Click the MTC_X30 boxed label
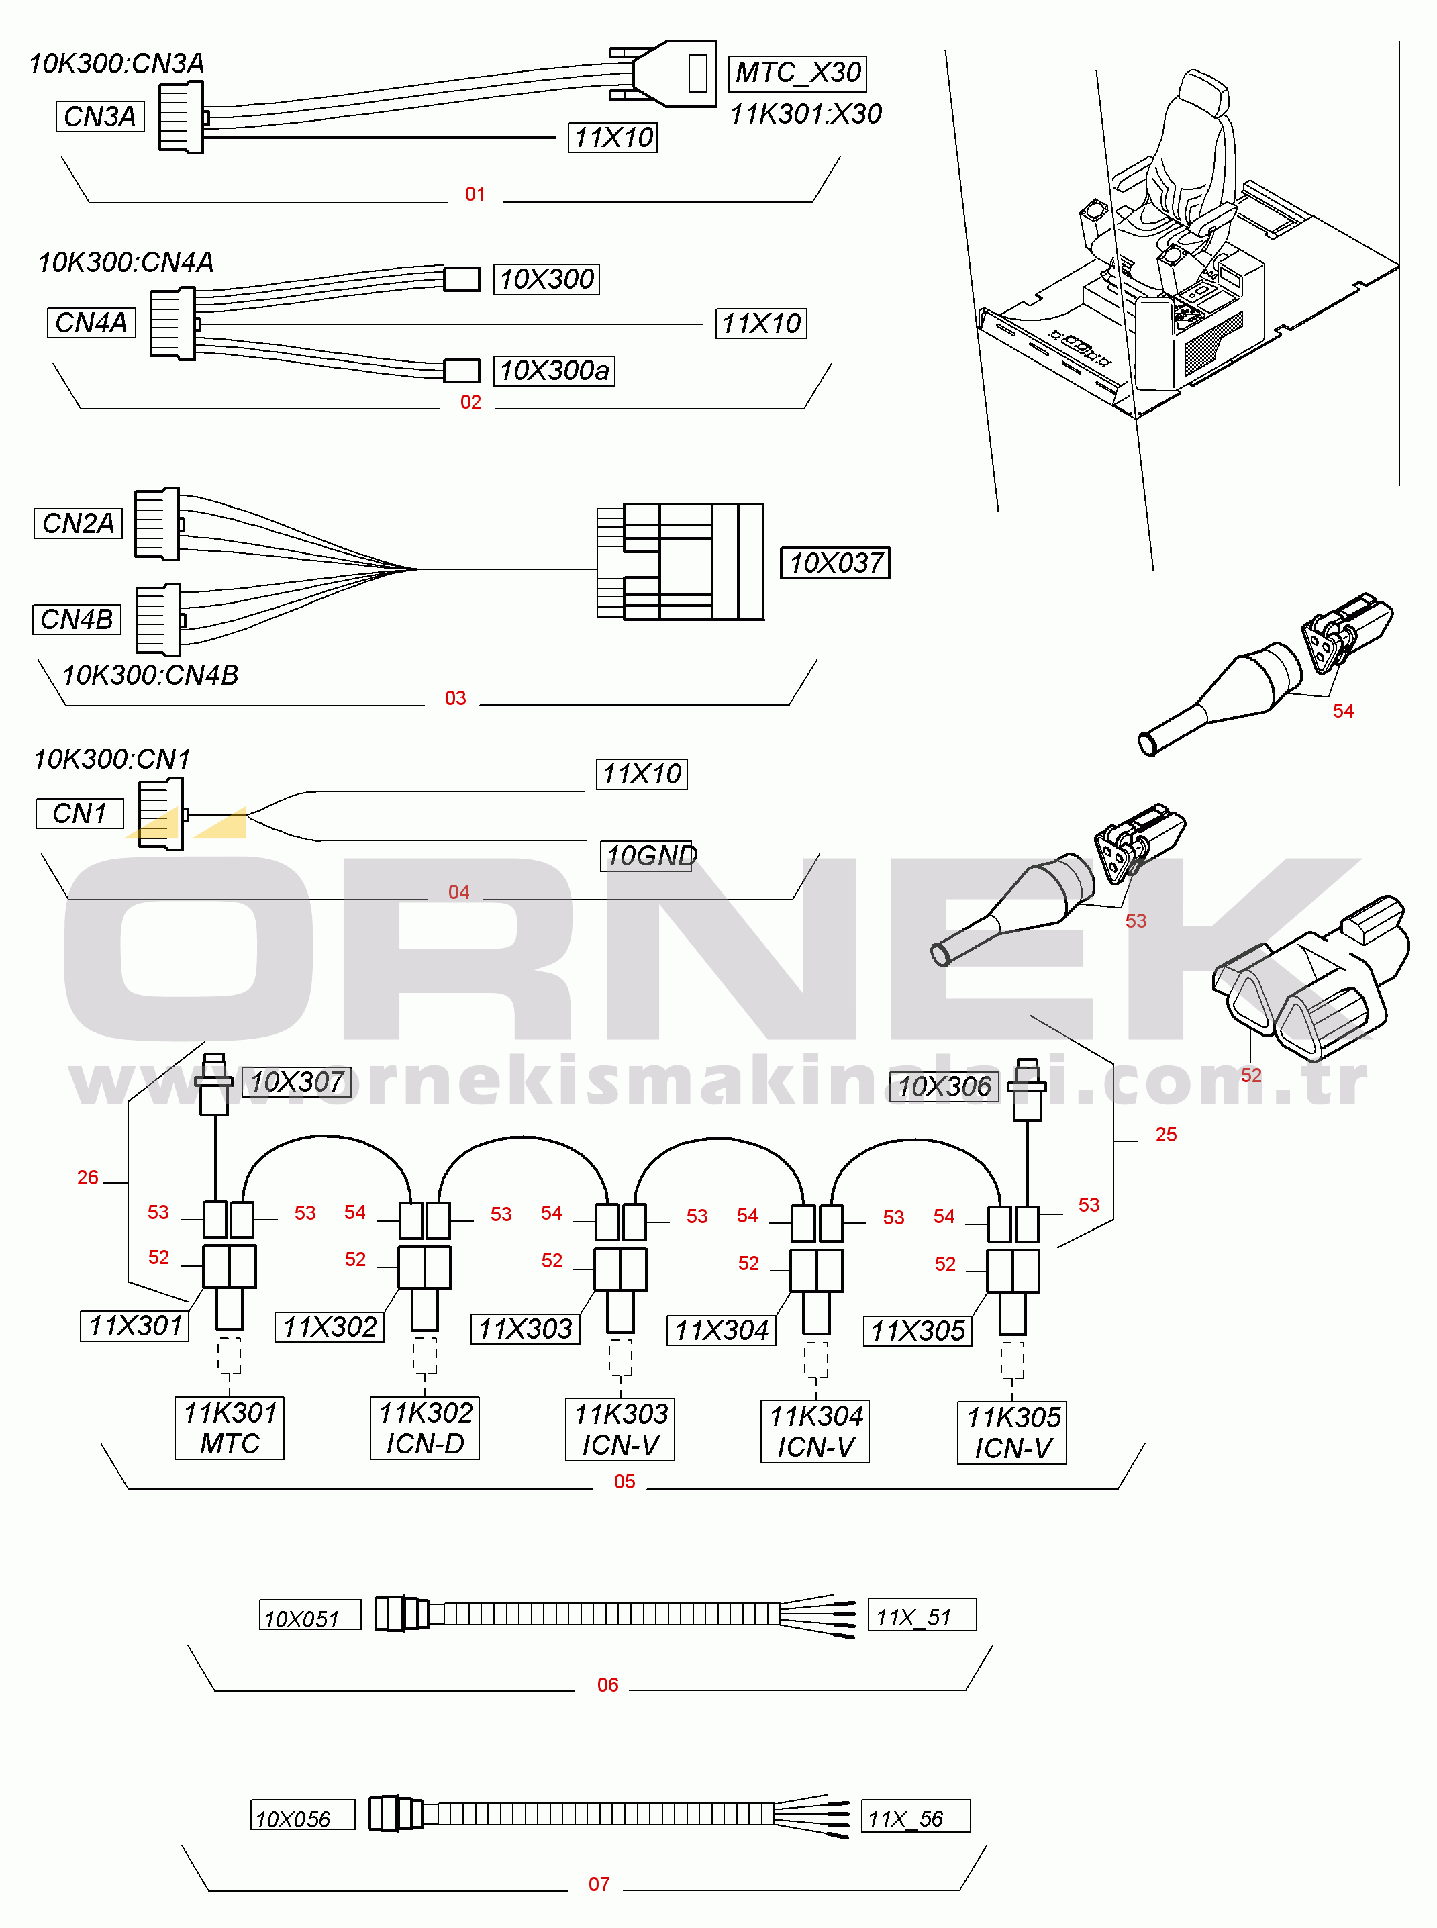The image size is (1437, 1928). pyautogui.click(x=797, y=73)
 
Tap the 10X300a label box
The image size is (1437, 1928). pyautogui.click(x=554, y=371)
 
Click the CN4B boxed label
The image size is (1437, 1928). pyautogui.click(x=77, y=620)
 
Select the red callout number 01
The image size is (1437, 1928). pyautogui.click(x=475, y=194)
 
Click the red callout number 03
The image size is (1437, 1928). pyautogui.click(x=455, y=697)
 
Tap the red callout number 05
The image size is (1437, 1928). pyautogui.click(x=625, y=1482)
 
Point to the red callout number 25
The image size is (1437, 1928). pyautogui.click(x=1166, y=1135)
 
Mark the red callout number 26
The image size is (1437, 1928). pyautogui.click(x=88, y=1177)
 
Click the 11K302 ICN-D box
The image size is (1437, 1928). pyautogui.click(x=424, y=1428)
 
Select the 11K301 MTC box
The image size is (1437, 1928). pyautogui.click(x=230, y=1428)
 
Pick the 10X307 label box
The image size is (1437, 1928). pyautogui.click(x=297, y=1082)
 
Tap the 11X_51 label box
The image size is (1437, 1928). pyautogui.click(x=922, y=1614)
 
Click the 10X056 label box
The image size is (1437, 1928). pyautogui.click(x=303, y=1815)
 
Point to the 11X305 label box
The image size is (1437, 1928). pyautogui.click(x=918, y=1331)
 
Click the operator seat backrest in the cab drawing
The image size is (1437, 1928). pyautogui.click(x=1192, y=144)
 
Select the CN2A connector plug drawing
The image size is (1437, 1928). pyautogui.click(x=158, y=523)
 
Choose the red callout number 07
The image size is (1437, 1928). pyautogui.click(x=599, y=1884)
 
